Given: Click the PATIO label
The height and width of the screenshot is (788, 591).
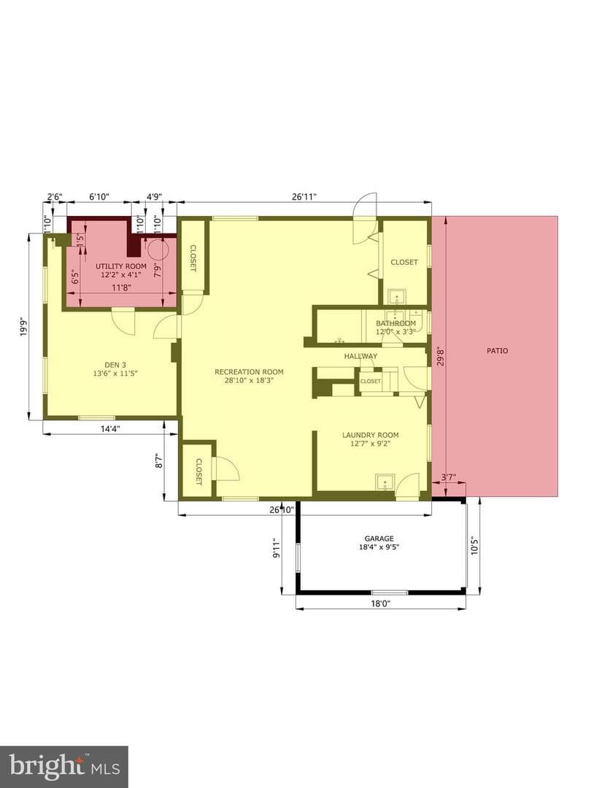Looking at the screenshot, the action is point(497,351).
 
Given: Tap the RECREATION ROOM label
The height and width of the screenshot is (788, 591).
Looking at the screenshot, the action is point(249,372).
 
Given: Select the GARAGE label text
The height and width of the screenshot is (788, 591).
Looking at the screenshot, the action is point(379,538).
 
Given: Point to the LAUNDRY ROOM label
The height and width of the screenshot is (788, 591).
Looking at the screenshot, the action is point(371,435).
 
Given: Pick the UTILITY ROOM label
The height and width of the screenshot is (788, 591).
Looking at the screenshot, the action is point(121,266).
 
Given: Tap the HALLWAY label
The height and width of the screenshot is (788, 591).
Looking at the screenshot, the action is point(360,356).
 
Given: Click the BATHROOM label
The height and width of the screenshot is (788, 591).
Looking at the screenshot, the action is point(396,323).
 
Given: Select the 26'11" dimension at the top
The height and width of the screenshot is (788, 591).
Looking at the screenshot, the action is point(304,196).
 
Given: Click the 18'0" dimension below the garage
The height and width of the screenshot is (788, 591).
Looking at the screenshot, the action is point(380,603).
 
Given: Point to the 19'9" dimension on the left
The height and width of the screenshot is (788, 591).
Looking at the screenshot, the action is point(23,326).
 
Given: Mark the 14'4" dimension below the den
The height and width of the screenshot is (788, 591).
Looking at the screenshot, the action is point(111,429).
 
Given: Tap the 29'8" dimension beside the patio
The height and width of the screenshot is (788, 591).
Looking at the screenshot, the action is point(441,356).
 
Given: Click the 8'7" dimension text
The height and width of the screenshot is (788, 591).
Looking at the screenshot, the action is point(160,461).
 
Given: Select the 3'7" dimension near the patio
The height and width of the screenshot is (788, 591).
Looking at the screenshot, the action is point(448,477).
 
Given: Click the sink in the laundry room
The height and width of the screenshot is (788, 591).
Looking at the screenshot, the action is point(385,482).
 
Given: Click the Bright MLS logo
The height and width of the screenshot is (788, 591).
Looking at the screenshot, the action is point(63,768).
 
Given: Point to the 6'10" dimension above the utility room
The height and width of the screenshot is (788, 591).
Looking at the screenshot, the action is point(99,196).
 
